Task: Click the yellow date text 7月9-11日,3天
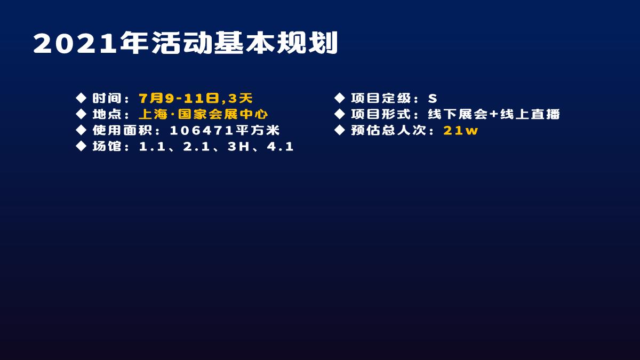pos(195,98)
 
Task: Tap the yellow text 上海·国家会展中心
pos(203,114)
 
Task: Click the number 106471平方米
pos(225,130)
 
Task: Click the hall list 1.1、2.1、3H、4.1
pos(216,146)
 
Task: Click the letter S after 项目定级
pos(432,98)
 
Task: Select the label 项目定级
pos(381,98)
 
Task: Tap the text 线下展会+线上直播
pos(494,114)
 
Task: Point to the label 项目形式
pos(381,114)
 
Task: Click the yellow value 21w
pos(461,130)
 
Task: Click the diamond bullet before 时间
pos(81,98)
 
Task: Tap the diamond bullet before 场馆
pos(81,146)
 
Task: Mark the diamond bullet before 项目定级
pos(339,98)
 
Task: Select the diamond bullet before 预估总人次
pos(339,130)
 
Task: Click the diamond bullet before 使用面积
pos(81,130)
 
